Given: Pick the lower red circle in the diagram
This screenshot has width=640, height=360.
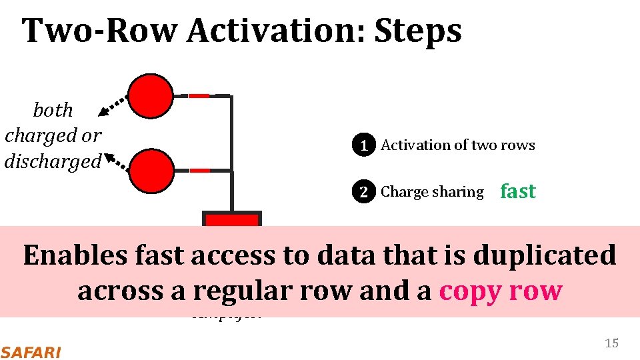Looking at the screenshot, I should click(151, 170).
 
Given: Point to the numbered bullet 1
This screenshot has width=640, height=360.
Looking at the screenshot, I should click(363, 145).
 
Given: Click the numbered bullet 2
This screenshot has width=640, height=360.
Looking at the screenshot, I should click(363, 192).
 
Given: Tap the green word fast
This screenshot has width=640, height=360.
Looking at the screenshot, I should click(518, 191).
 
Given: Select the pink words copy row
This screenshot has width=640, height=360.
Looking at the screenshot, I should click(501, 291).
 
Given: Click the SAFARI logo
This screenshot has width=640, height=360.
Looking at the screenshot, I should click(30, 352).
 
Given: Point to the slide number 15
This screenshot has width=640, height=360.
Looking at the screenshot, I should click(611, 343).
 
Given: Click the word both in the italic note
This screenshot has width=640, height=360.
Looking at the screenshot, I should click(53, 110).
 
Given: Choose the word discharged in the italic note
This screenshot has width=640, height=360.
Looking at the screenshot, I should click(53, 161).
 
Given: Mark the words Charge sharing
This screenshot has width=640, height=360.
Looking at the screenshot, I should click(432, 192).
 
